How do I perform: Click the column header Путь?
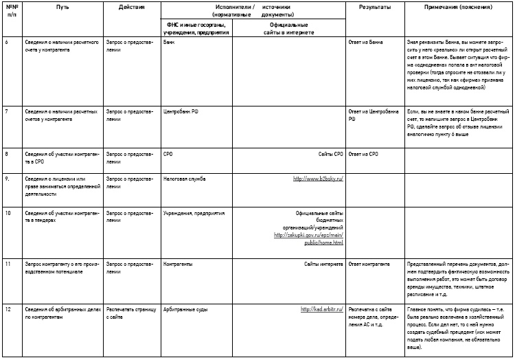click(x=63, y=6)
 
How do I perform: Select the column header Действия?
click(x=131, y=6)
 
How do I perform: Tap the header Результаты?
click(x=375, y=6)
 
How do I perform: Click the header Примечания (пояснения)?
click(x=458, y=6)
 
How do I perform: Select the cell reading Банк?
click(x=169, y=42)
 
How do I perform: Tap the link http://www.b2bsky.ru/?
click(x=318, y=179)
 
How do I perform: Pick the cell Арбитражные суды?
click(x=187, y=309)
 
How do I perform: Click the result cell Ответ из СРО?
click(x=364, y=154)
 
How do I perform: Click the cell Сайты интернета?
click(x=323, y=264)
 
